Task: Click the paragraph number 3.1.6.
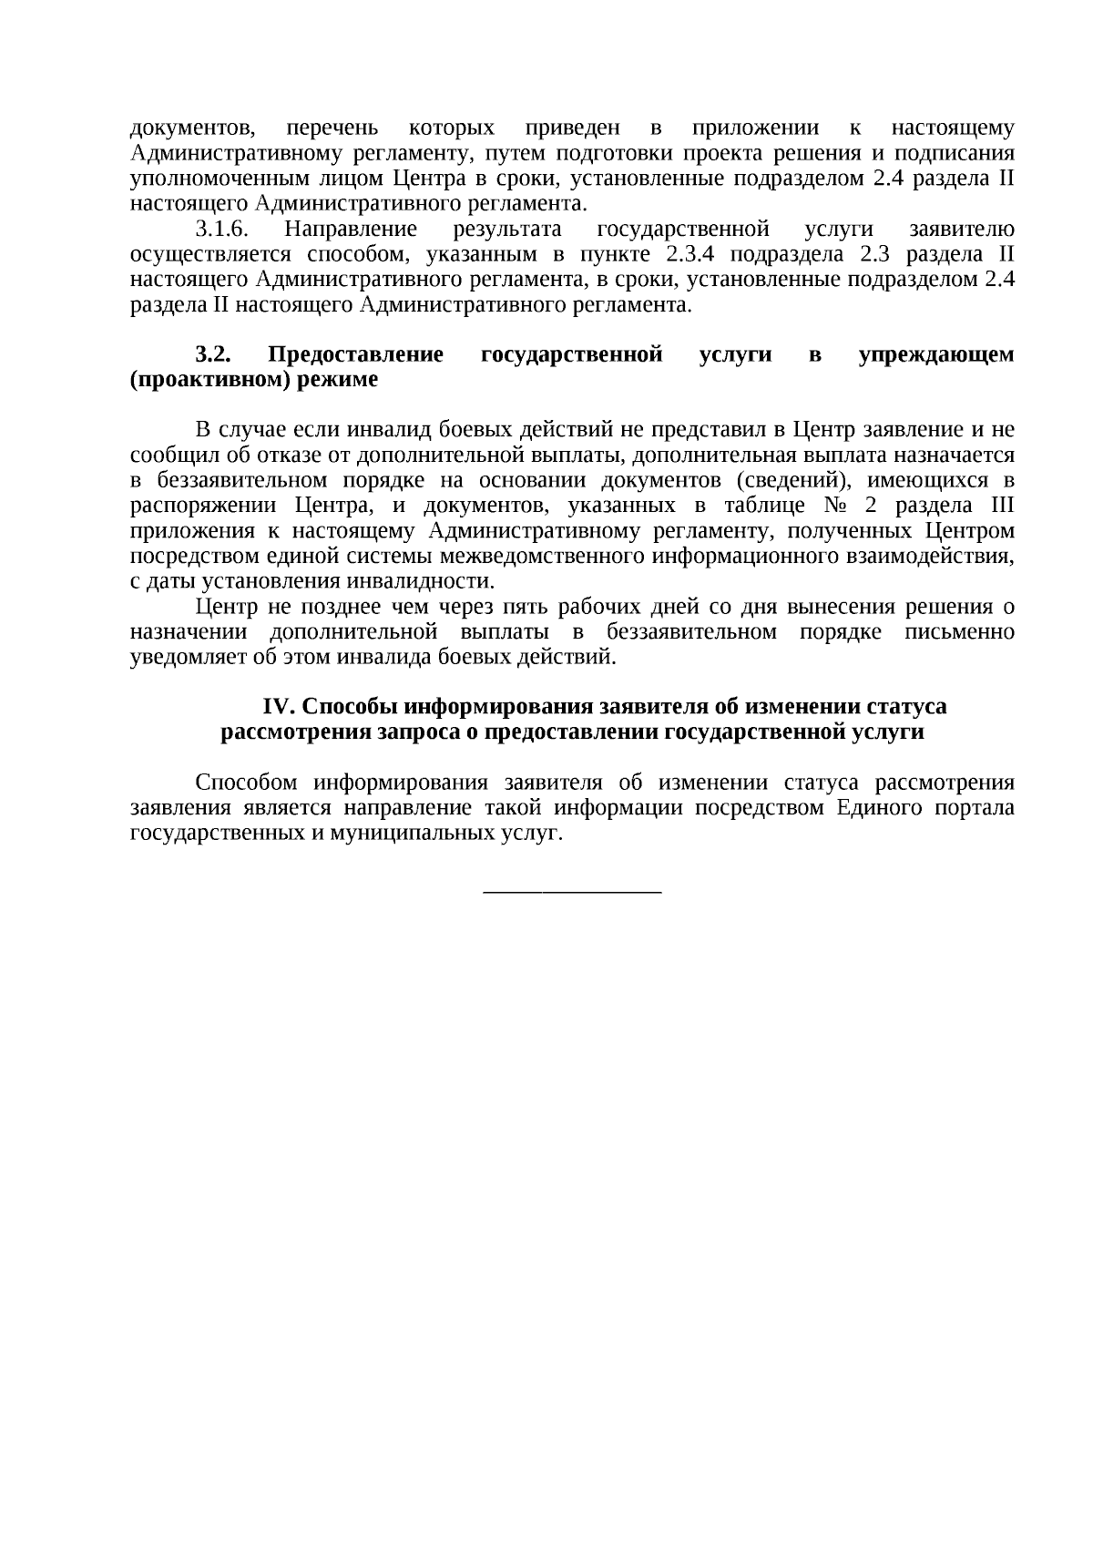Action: coord(222,229)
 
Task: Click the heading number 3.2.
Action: coord(213,354)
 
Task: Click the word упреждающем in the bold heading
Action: coord(935,354)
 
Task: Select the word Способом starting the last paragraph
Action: coord(247,783)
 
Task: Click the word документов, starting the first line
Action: coord(190,128)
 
